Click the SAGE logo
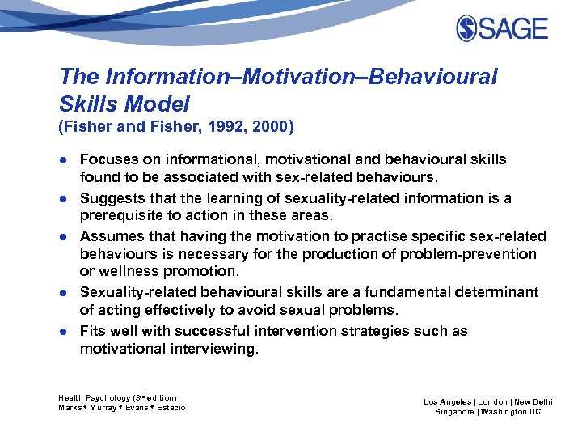502,29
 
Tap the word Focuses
109,159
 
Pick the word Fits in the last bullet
94,331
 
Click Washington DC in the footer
512,412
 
